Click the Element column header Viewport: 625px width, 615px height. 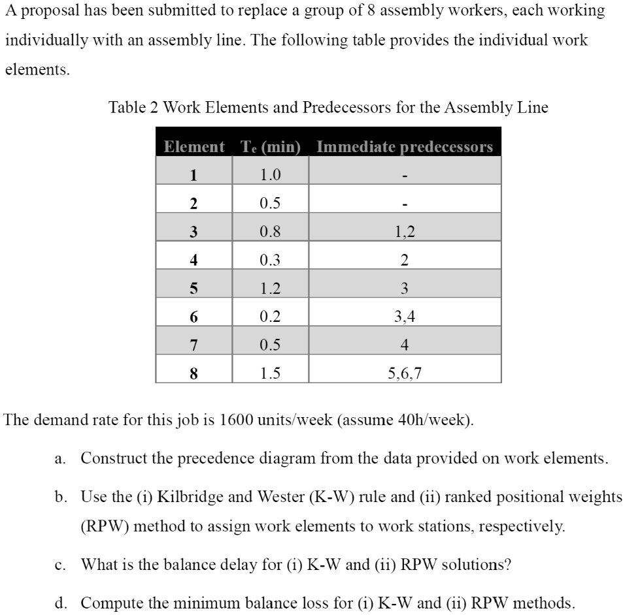194,147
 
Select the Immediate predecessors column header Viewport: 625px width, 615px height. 404,147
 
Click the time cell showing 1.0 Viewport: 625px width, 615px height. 269,175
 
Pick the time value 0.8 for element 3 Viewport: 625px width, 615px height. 269,232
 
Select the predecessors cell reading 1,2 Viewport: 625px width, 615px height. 405,232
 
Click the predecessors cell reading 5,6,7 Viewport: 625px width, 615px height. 405,373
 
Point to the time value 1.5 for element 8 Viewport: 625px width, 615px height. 269,373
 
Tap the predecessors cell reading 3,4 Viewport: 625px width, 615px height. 405,317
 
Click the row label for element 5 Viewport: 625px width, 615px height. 193,289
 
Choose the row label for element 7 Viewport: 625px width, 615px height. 193,345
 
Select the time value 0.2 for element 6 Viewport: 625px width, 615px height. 269,317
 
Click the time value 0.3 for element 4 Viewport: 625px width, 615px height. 269,260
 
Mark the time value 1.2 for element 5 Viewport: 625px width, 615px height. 269,289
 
